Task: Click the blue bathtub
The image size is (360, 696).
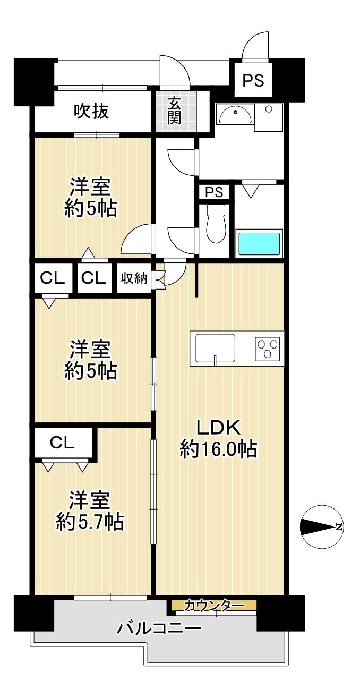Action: [259, 243]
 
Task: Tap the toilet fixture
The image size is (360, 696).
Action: [216, 223]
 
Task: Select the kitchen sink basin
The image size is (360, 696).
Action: [215, 347]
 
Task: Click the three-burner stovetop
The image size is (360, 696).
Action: [267, 349]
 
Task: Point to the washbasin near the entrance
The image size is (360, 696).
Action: [235, 116]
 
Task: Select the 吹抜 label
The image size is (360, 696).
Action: [91, 111]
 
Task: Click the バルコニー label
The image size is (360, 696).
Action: [159, 626]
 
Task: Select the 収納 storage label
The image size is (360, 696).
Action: [134, 278]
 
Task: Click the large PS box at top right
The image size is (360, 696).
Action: [253, 80]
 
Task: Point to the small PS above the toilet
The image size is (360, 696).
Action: [214, 192]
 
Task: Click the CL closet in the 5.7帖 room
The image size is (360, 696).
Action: [63, 443]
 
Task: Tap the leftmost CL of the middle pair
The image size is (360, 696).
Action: [52, 278]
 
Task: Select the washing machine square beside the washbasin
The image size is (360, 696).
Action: [269, 117]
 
